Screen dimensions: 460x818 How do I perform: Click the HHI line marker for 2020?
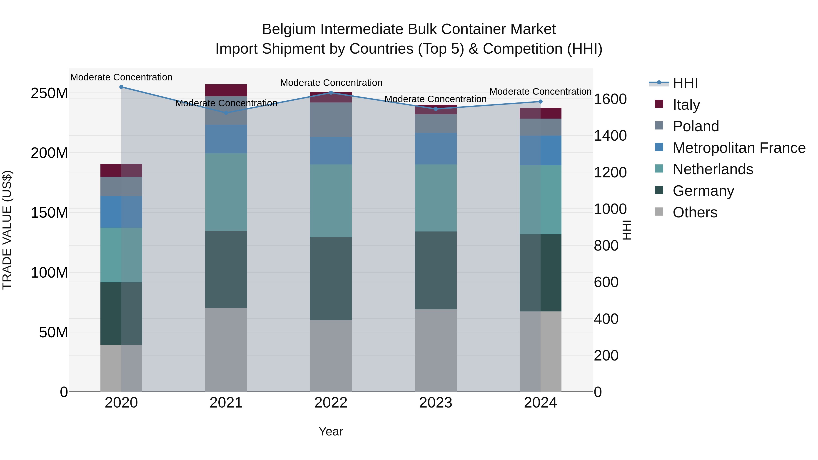coord(121,87)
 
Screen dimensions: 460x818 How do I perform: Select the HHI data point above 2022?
coord(331,93)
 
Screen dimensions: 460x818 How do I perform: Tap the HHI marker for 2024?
coord(541,102)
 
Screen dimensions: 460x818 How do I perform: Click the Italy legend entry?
coord(686,105)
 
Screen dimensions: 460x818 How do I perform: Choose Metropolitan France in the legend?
coord(739,148)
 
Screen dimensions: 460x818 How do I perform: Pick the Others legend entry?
coord(695,212)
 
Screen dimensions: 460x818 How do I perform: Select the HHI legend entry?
coord(685,83)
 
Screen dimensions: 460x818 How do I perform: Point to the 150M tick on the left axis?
coord(49,213)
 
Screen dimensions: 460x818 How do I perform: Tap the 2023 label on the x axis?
coord(436,403)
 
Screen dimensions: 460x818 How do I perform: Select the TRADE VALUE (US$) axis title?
coord(7,230)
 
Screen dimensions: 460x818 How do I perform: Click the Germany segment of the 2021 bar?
coord(226,269)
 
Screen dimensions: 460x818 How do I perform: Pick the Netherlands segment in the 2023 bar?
coord(436,198)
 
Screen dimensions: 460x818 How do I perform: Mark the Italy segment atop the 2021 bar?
coord(226,90)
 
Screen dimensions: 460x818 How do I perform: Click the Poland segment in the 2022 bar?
coord(331,120)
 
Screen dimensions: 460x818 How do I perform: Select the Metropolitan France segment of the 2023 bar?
coord(436,149)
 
